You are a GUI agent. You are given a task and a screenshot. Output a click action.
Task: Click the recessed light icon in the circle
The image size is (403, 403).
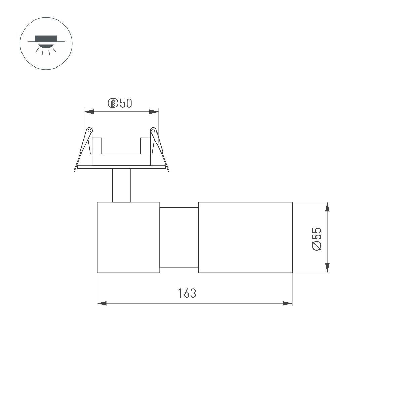46,43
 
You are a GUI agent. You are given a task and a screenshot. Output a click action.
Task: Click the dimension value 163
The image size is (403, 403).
187,293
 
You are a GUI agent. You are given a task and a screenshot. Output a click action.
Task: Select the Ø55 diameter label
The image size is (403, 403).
317,239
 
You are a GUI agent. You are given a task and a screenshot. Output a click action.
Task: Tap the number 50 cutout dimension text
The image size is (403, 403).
125,104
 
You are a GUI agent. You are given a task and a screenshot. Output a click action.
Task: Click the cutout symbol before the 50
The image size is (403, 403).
113,104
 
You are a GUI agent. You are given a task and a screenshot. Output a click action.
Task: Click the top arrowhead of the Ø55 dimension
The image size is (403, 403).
328,207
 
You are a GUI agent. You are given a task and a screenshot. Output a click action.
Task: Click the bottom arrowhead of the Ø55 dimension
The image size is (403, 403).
328,268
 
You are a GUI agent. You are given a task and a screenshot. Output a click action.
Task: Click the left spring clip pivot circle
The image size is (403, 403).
89,130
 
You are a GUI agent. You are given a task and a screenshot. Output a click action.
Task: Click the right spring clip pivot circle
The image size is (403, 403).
153,130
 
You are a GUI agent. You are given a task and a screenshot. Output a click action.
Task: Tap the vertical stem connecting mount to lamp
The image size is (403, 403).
121,185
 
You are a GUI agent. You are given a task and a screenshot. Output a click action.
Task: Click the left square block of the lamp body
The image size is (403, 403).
128,237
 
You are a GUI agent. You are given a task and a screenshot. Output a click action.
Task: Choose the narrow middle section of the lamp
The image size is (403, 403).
179,237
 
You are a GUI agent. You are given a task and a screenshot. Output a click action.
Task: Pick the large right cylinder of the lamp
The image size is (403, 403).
245,237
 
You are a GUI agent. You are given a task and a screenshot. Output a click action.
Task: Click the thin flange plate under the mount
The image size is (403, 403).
121,167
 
